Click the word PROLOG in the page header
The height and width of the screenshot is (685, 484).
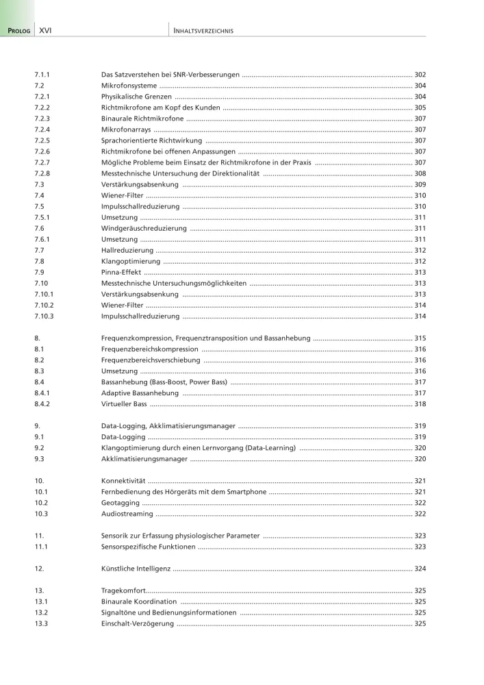[19, 31]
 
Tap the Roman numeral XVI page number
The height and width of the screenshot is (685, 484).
[47, 31]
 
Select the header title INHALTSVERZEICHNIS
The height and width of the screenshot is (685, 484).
[204, 31]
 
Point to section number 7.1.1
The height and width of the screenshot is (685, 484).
[43, 74]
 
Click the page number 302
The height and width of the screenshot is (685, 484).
[420, 74]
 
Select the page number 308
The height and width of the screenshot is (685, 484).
[420, 174]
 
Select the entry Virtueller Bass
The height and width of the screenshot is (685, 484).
[124, 404]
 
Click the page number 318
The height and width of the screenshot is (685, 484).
[420, 404]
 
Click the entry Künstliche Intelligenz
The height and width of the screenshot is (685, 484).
[136, 569]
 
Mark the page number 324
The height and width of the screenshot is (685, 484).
[420, 569]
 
